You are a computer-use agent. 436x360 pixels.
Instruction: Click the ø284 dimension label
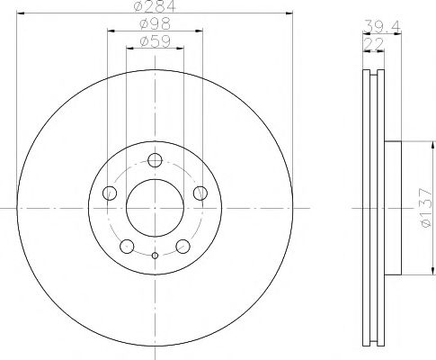[155, 8]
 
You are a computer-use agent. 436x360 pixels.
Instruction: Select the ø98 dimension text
[155, 24]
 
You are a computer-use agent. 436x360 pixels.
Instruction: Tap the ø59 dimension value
[155, 40]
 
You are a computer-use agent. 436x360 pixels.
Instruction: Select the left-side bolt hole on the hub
[111, 193]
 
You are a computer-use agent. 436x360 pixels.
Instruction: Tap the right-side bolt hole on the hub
[200, 193]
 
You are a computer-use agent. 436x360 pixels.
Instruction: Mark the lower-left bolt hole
[128, 245]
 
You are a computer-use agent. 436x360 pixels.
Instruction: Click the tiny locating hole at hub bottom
[155, 256]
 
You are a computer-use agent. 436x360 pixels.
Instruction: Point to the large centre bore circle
[155, 207]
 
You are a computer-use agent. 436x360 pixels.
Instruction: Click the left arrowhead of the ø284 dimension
[21, 13]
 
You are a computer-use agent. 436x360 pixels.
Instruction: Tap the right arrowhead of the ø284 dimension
[289, 13]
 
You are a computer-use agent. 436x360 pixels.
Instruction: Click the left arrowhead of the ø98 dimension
[111, 30]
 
